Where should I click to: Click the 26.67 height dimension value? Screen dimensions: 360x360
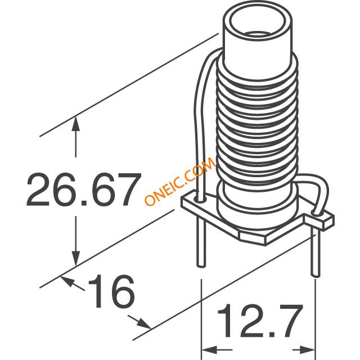(83, 190)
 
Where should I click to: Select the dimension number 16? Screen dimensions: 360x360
(111, 291)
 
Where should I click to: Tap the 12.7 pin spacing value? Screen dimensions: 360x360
(260, 321)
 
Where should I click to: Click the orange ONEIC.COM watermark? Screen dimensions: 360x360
(180, 181)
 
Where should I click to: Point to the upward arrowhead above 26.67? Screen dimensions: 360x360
(75, 124)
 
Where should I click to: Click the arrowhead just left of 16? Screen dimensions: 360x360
(68, 281)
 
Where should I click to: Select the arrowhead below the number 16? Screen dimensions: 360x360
(144, 324)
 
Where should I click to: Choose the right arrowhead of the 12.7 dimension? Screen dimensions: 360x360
(307, 350)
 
